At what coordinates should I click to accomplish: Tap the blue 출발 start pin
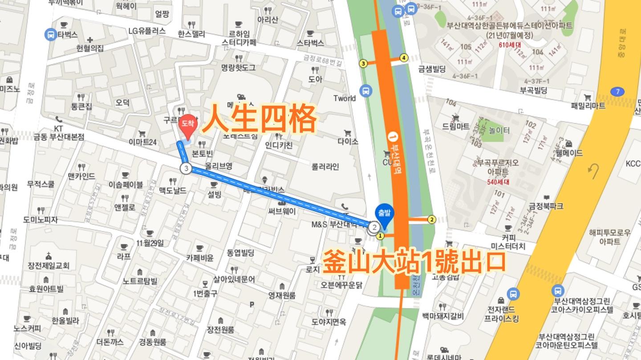384,214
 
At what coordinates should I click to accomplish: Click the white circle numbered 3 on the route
186,168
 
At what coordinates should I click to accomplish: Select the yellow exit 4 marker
404,57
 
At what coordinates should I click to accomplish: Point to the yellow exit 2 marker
431,219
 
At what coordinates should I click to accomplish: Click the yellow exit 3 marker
363,63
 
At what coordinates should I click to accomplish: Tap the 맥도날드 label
173,190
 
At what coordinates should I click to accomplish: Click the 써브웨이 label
282,211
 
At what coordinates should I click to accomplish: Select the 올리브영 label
219,166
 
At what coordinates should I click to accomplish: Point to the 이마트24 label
142,142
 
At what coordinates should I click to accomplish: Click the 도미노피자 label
41,219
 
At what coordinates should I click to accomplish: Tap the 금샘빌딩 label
432,69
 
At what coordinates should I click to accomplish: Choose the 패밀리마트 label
588,105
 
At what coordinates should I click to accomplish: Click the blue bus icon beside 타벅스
51,34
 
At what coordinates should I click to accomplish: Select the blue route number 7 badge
617,92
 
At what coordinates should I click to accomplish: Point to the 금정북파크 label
546,206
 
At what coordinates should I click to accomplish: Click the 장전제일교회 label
49,266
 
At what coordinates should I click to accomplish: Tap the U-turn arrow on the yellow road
592,170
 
